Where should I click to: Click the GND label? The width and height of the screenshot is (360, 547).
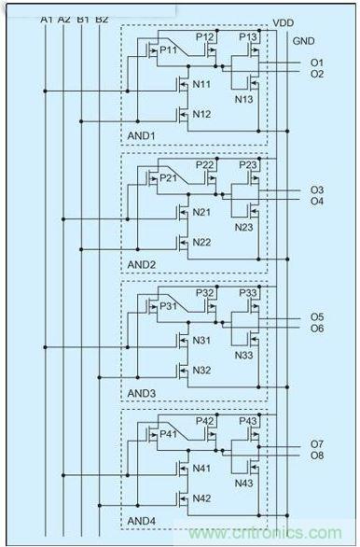(304, 42)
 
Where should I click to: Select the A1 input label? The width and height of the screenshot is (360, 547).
(48, 19)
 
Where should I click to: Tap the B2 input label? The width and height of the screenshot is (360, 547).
(102, 19)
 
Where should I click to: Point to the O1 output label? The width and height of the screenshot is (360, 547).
(317, 63)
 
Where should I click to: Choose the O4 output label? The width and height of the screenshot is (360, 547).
(317, 201)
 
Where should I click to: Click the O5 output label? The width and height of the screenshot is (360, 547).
(317, 317)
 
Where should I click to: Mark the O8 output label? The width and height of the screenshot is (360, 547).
(317, 456)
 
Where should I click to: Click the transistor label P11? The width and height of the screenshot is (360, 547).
(168, 49)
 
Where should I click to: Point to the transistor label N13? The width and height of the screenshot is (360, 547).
(244, 99)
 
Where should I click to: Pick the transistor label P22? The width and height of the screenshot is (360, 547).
(205, 164)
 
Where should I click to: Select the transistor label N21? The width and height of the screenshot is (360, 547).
(201, 212)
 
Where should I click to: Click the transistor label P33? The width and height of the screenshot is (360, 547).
(248, 293)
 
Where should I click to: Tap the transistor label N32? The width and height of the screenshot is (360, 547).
(201, 370)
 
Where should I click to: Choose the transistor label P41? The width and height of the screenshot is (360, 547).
(168, 434)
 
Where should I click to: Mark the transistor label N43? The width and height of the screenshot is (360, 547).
(244, 483)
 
